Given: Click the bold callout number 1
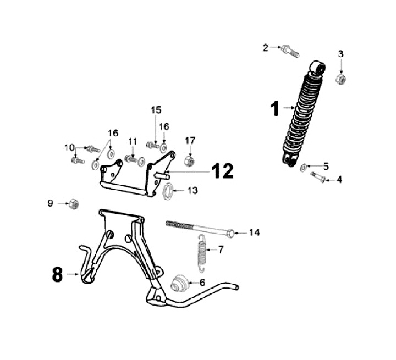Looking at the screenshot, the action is pyautogui.click(x=276, y=109).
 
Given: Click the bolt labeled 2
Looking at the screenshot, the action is pyautogui.click(x=289, y=51).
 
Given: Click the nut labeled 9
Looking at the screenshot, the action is pyautogui.click(x=73, y=204).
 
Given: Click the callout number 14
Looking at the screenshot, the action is pyautogui.click(x=254, y=232).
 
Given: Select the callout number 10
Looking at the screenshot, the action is pyautogui.click(x=69, y=147).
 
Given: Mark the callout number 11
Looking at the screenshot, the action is pyautogui.click(x=132, y=142).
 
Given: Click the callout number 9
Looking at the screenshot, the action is pyautogui.click(x=51, y=204).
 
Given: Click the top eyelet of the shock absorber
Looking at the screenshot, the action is pyautogui.click(x=318, y=68).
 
